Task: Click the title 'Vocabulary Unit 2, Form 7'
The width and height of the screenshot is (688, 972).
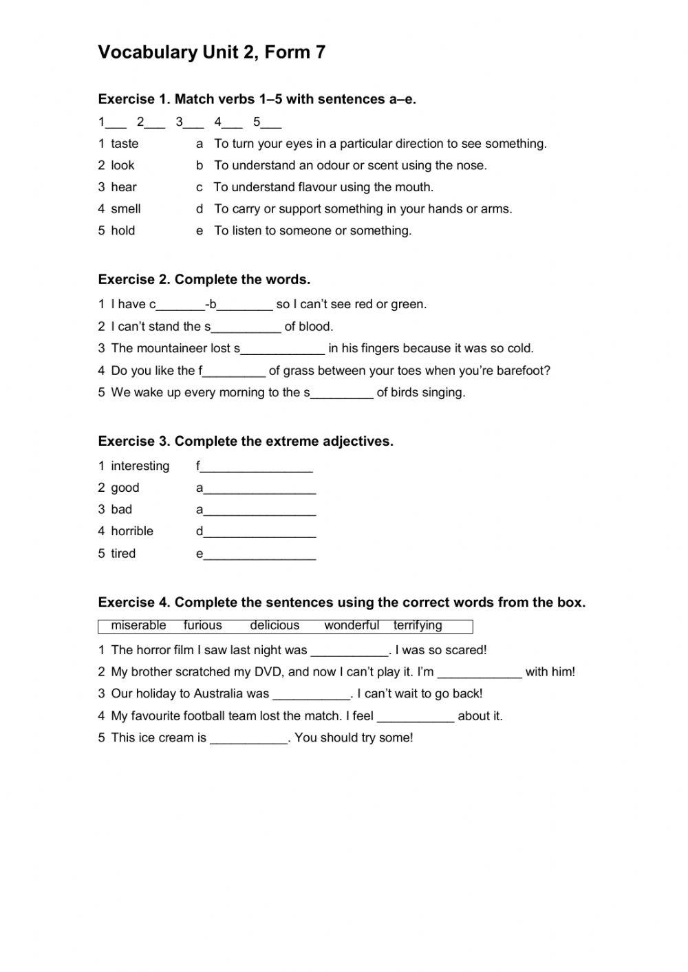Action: (211, 52)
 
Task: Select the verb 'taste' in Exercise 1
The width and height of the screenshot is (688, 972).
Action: (125, 144)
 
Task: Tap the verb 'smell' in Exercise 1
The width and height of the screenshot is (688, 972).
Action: (125, 209)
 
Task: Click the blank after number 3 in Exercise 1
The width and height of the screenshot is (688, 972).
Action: (194, 123)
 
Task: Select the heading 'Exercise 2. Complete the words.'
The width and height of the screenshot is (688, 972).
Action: (204, 279)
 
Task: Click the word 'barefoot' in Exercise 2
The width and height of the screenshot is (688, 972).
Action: (522, 371)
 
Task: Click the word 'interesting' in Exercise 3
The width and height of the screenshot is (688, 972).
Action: (140, 466)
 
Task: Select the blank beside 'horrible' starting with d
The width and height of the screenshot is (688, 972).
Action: (260, 532)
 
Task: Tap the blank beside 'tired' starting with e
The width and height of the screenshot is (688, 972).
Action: (260, 554)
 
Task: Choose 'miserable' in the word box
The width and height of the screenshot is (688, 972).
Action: (138, 625)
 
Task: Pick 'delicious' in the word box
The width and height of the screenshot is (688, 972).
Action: (275, 625)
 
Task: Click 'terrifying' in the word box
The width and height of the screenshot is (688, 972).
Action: (418, 625)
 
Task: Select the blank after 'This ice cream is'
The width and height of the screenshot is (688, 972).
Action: (248, 739)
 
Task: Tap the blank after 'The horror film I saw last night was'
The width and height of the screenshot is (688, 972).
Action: (350, 651)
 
